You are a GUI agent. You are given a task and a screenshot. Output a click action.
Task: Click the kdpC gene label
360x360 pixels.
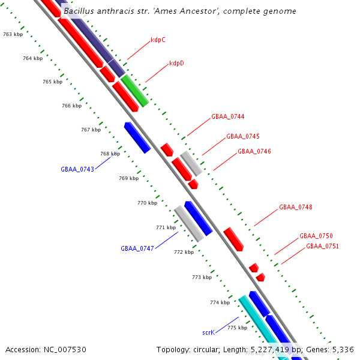tap(158, 40)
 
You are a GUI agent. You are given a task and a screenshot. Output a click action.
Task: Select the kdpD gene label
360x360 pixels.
tap(176, 63)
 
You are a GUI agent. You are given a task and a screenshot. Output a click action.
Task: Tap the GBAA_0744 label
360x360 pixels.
tap(227, 116)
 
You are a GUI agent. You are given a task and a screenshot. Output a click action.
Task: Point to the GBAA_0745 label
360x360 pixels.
tap(242, 137)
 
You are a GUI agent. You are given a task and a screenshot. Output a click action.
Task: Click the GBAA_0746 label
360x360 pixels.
tap(254, 151)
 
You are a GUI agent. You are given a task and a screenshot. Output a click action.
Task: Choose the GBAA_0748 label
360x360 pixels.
tap(295, 208)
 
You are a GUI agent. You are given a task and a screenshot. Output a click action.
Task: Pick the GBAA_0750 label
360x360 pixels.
tap(316, 236)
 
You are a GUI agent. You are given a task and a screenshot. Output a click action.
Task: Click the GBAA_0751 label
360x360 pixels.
tap(322, 246)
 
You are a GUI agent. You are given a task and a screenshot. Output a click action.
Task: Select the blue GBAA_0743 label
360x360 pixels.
tap(77, 169)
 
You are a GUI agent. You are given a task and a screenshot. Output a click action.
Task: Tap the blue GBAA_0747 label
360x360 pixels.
tap(137, 248)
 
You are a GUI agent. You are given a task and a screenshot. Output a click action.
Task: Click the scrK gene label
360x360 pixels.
tap(208, 332)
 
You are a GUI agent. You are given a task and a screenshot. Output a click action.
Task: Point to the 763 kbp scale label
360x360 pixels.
tap(13, 35)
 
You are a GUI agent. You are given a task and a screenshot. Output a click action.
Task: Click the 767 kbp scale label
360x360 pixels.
tap(91, 130)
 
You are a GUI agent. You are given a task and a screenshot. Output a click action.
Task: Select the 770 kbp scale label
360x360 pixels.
tap(147, 203)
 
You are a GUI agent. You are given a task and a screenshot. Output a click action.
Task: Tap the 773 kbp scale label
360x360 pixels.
tap(202, 277)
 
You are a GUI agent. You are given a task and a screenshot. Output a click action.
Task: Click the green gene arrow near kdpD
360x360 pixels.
tap(134, 91)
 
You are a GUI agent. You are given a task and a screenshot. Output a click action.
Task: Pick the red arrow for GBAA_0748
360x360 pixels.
tap(233, 239)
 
